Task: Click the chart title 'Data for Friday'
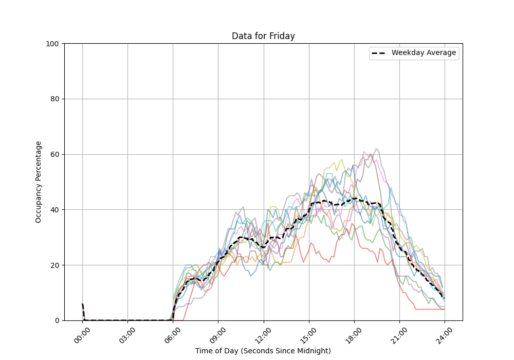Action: (x=263, y=36)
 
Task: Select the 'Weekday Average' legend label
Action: (x=424, y=53)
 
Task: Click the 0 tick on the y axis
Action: (x=58, y=320)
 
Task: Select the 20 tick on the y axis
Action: (x=56, y=265)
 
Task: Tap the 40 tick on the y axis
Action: (x=56, y=210)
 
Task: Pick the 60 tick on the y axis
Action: (x=56, y=154)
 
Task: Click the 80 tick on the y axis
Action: (x=56, y=99)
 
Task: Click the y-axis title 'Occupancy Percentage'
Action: (x=39, y=182)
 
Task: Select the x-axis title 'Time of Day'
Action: (x=263, y=351)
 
